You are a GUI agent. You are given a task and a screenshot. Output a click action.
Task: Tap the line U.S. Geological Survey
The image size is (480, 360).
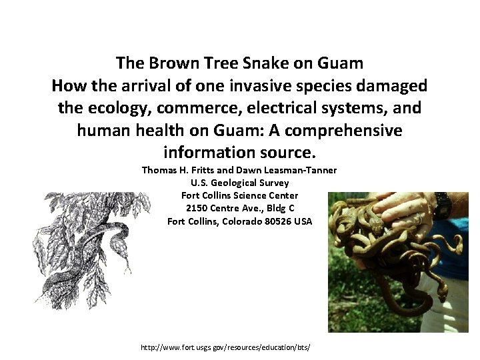(x=239, y=183)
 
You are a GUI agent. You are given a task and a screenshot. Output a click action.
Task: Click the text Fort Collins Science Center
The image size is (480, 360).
(x=239, y=195)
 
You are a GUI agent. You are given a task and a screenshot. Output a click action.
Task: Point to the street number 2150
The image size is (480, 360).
(x=198, y=208)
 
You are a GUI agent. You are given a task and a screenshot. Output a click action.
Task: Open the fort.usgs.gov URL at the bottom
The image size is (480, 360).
(x=226, y=348)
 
